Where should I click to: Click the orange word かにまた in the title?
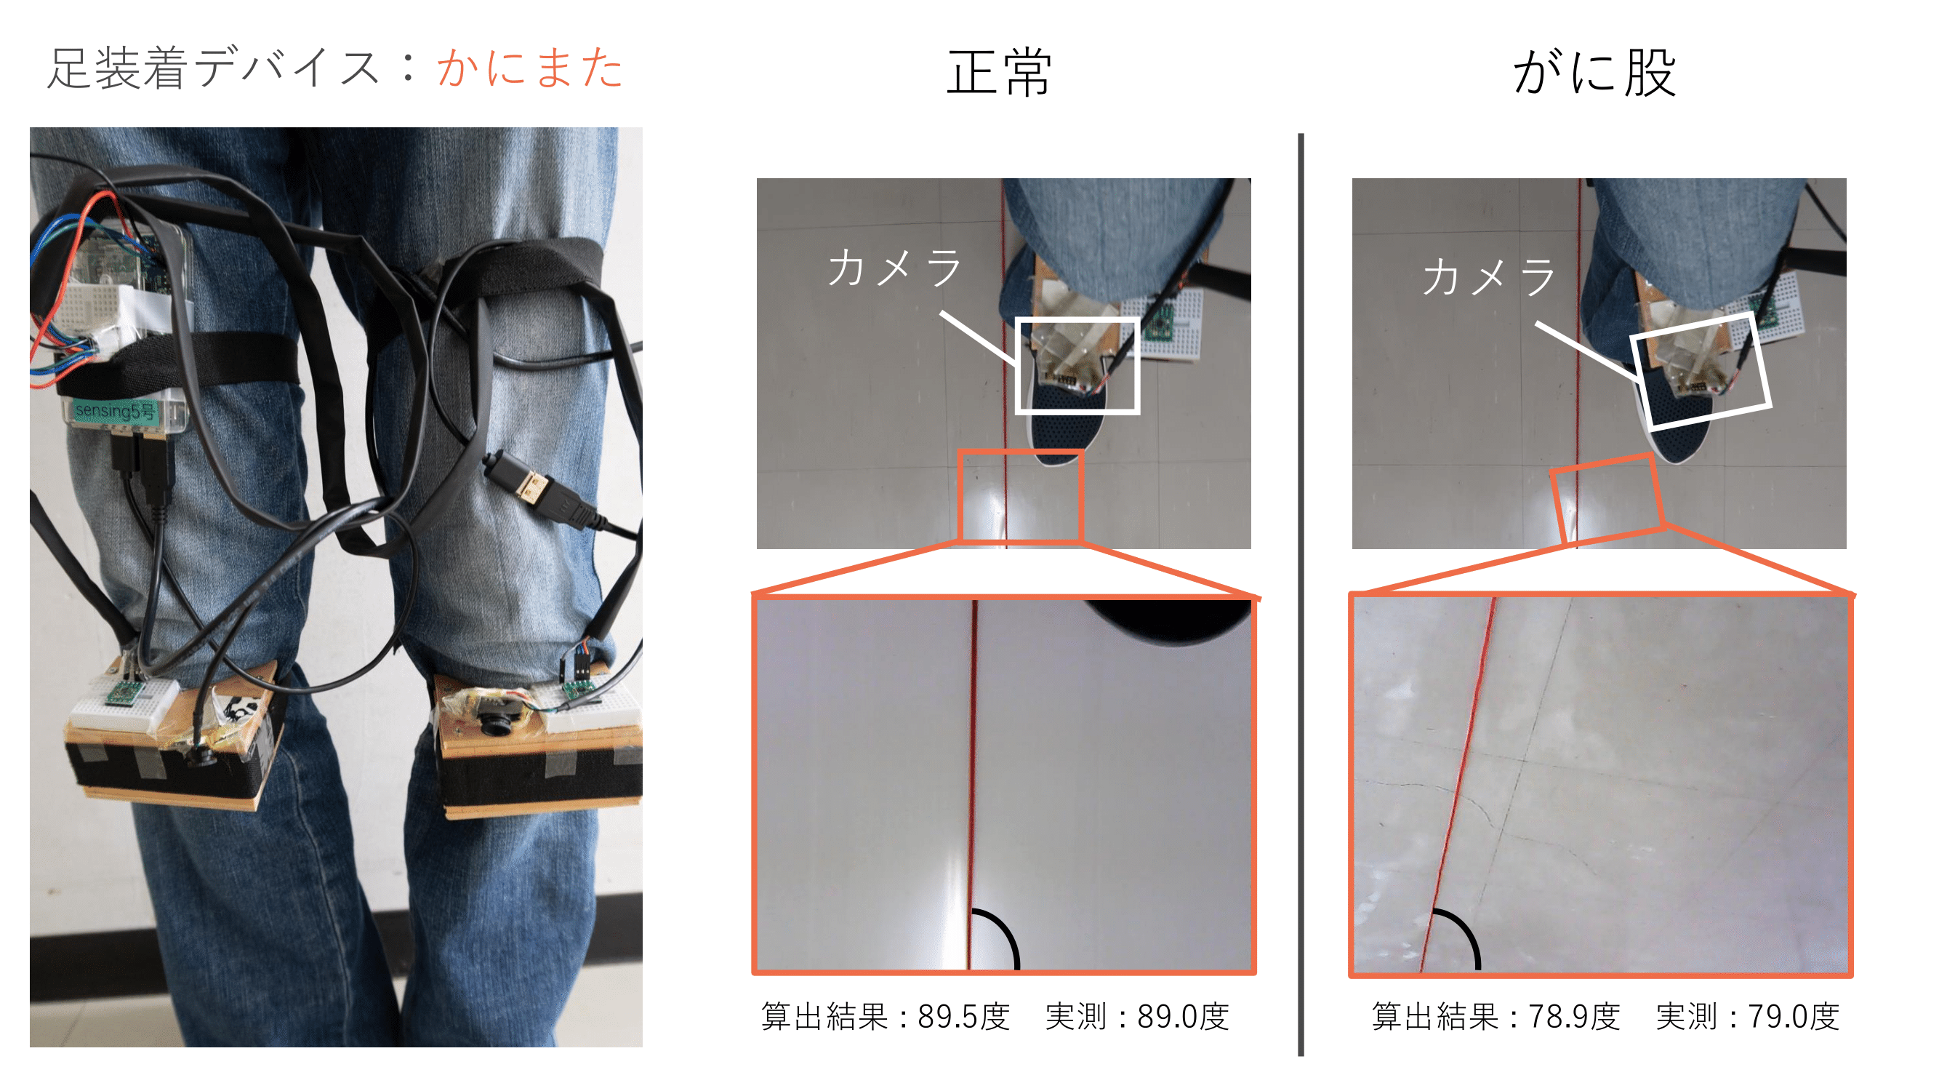pyautogui.click(x=530, y=68)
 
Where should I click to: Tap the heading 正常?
pyautogui.click(x=999, y=72)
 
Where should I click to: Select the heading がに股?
pyautogui.click(x=1595, y=72)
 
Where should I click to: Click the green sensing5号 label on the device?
pyautogui.click(x=115, y=412)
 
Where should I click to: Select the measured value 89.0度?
pyautogui.click(x=1182, y=1017)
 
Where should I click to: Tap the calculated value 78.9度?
pyautogui.click(x=1574, y=1017)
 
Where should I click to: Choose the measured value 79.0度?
pyautogui.click(x=1793, y=1017)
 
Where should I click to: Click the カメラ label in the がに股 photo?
pyautogui.click(x=1489, y=276)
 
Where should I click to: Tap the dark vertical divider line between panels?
pyautogui.click(x=1301, y=595)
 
